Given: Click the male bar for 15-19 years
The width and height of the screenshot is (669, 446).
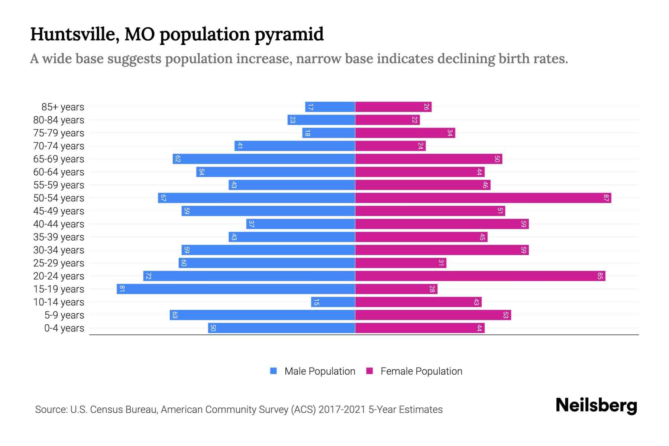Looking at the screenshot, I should pyautogui.click(x=236, y=289).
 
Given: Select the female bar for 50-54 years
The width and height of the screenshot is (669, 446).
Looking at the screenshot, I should pyautogui.click(x=483, y=198).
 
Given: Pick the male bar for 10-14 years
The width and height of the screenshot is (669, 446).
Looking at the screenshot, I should pyautogui.click(x=333, y=302).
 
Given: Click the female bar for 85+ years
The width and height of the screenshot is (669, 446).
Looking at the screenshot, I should pyautogui.click(x=393, y=107).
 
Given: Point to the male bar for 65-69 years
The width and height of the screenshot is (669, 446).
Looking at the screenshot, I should pyautogui.click(x=264, y=159).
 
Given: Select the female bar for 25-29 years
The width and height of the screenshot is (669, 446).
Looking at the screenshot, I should pyautogui.click(x=401, y=263).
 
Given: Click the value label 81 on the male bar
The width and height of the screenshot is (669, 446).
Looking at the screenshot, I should pyautogui.click(x=122, y=289).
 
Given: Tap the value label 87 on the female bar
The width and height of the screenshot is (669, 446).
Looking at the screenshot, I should pyautogui.click(x=606, y=198).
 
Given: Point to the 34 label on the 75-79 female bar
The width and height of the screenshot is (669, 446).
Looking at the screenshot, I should pyautogui.click(x=450, y=133).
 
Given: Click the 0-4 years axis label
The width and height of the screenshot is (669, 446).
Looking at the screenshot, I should pyautogui.click(x=64, y=328).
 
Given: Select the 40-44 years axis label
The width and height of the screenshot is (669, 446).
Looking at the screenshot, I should pyautogui.click(x=59, y=224).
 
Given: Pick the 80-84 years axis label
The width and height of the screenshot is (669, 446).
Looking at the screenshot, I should pyautogui.click(x=59, y=120).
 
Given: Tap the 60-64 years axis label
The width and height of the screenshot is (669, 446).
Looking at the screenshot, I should pyautogui.click(x=59, y=172).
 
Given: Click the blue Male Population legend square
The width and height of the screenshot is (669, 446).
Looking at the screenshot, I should pyautogui.click(x=274, y=371).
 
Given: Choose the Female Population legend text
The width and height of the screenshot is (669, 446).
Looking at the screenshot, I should pyautogui.click(x=421, y=371).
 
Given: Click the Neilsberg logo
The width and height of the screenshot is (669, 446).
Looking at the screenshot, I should pyautogui.click(x=596, y=405).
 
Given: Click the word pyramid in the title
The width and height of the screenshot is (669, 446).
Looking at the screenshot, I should pyautogui.click(x=289, y=35).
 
